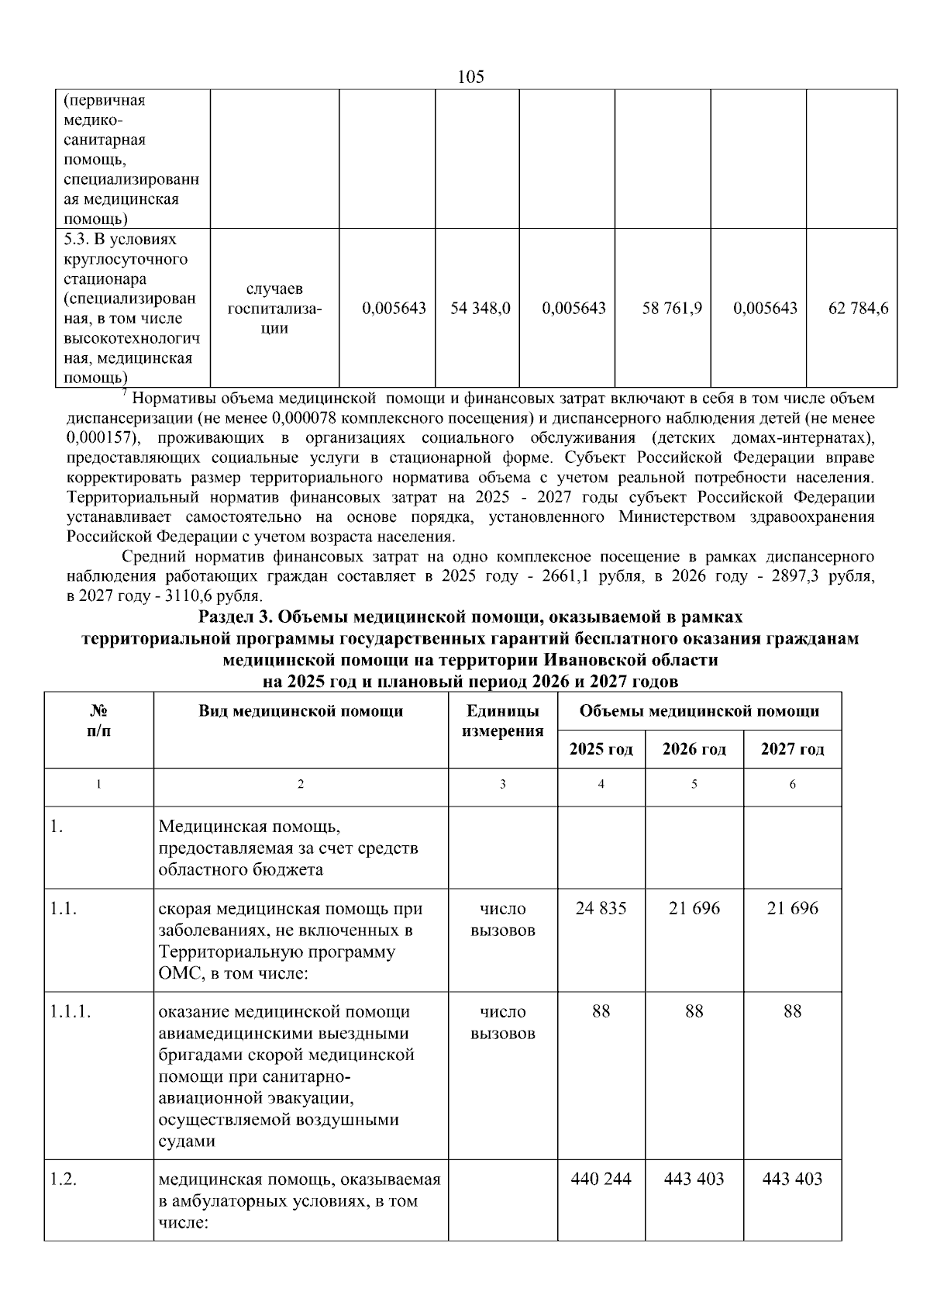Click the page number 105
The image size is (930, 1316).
(x=470, y=77)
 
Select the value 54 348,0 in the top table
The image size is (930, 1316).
(x=480, y=308)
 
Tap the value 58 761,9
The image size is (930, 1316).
(x=672, y=308)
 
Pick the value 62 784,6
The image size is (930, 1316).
(x=858, y=308)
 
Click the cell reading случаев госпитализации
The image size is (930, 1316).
(x=274, y=308)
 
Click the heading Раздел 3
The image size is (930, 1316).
(x=470, y=617)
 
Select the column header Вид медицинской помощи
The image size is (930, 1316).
(x=301, y=711)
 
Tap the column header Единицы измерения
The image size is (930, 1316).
(x=502, y=720)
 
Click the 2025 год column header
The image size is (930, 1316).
(x=601, y=749)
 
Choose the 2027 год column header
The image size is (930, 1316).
(x=792, y=749)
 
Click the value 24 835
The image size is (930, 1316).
(x=601, y=908)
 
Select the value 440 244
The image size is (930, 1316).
(x=601, y=1179)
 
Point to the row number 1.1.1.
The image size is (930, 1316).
(x=71, y=1011)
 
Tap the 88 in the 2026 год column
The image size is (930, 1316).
(x=694, y=1011)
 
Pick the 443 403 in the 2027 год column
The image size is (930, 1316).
(x=792, y=1179)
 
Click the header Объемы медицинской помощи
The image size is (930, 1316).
(x=699, y=711)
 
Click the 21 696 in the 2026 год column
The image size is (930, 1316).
(x=694, y=908)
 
